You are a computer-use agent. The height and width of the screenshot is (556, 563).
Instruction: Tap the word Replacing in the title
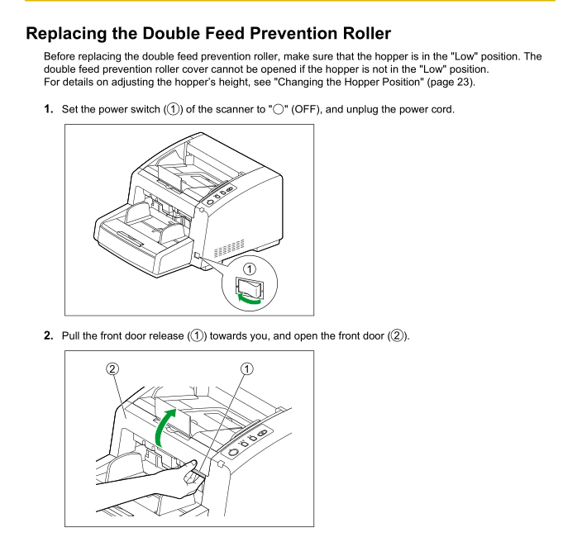(66, 34)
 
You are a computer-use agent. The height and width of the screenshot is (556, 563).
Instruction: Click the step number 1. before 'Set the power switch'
(49, 109)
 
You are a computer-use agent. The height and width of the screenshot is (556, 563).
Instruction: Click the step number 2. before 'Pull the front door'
(49, 335)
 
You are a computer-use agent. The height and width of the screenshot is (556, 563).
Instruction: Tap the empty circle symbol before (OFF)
(279, 109)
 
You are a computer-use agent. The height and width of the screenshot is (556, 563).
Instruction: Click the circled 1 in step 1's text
(174, 109)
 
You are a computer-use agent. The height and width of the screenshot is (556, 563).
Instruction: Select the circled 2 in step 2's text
(397, 335)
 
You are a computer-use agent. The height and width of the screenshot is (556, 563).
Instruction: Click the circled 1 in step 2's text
(197, 335)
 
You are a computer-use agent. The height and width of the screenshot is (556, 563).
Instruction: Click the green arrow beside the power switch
(248, 300)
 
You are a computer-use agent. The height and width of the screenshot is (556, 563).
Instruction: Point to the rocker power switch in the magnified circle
(250, 287)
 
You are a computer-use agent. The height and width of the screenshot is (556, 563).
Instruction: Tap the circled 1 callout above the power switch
(250, 268)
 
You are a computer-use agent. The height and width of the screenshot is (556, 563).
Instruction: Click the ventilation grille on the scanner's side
(229, 248)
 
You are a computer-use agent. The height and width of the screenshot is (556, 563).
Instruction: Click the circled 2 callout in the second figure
(112, 369)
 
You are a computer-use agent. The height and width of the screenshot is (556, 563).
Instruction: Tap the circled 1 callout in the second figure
(246, 369)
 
